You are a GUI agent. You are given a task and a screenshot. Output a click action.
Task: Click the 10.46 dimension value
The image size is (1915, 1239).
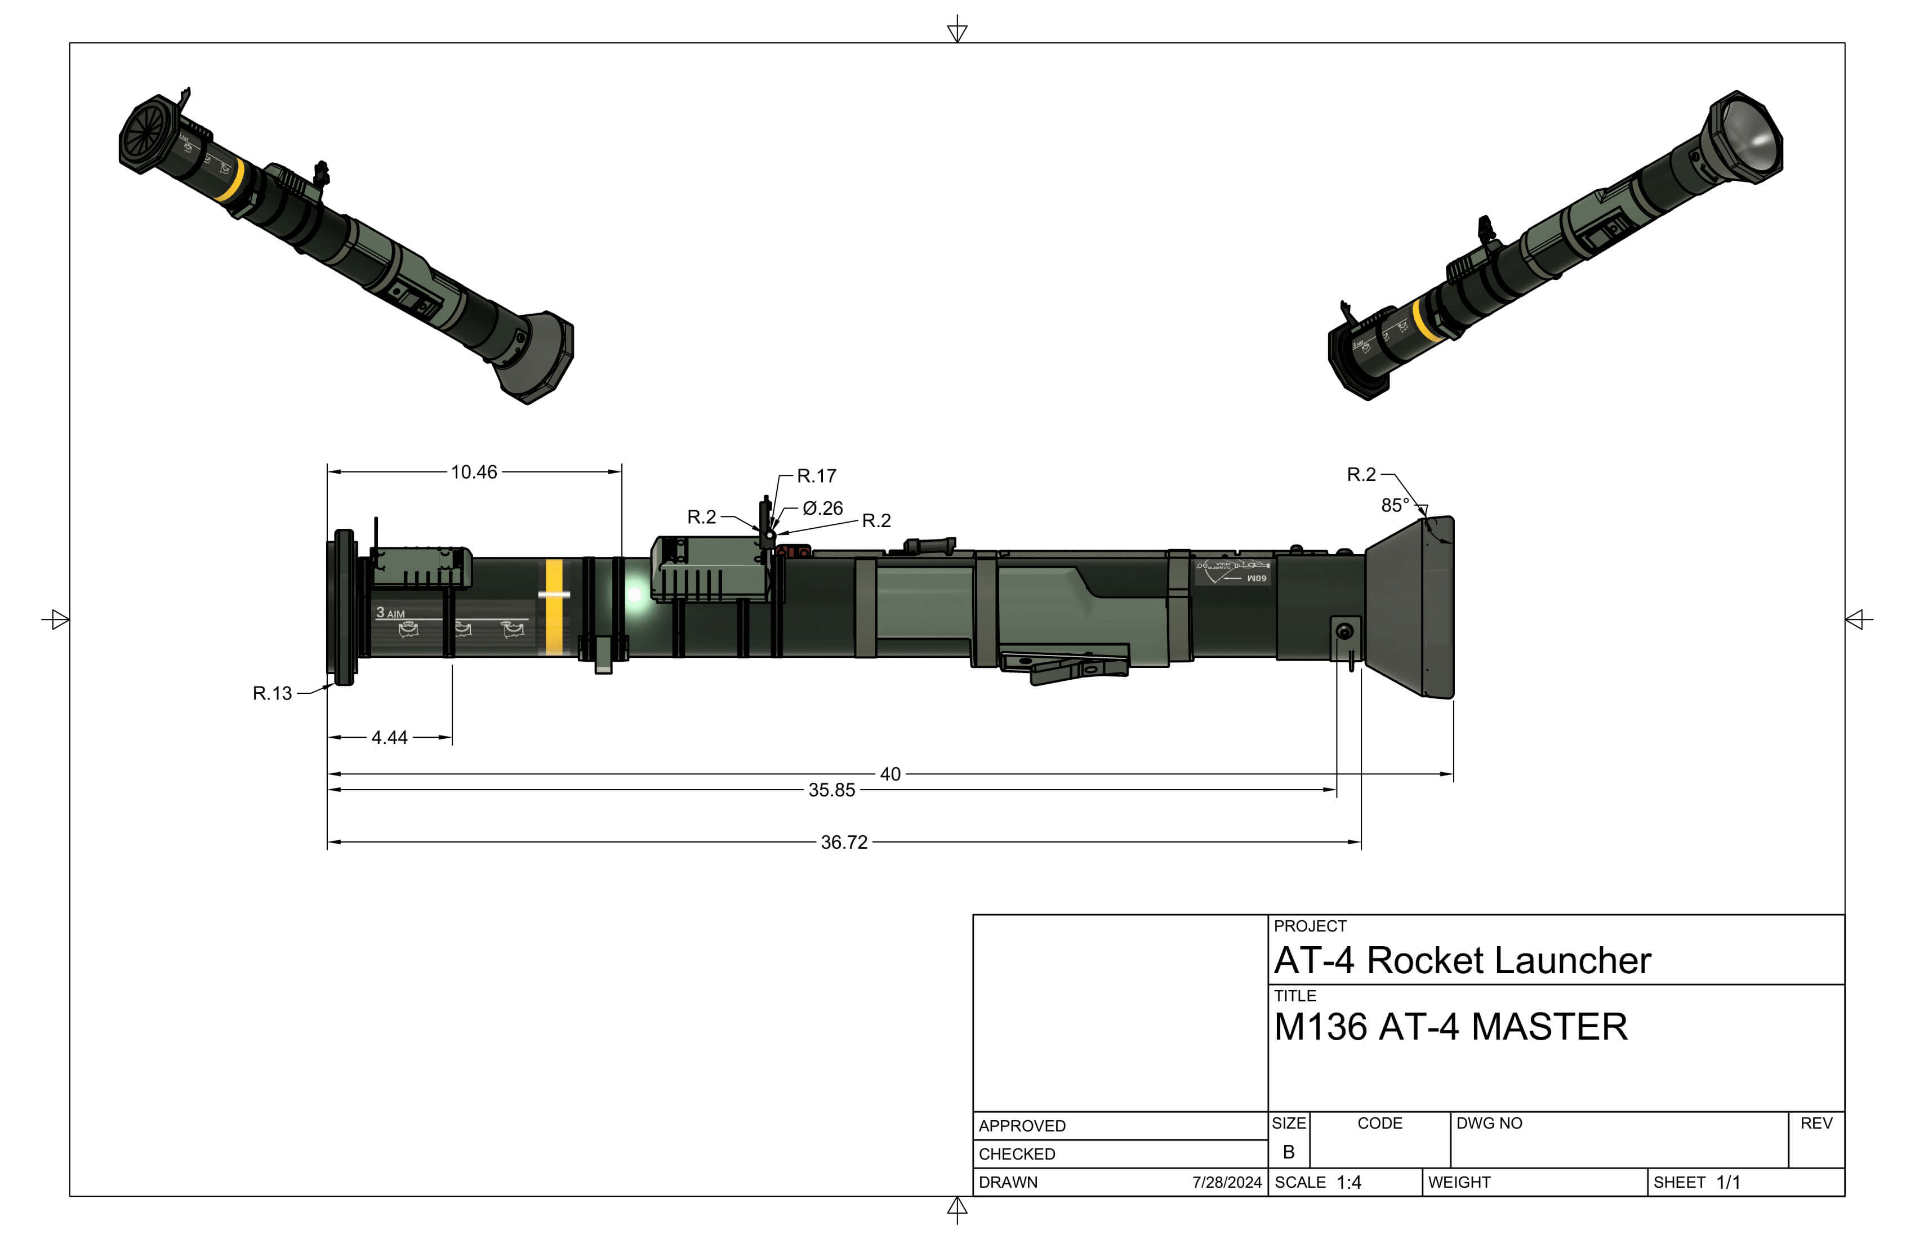[x=473, y=473]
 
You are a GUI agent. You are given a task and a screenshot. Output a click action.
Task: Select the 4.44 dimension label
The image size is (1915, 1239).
[x=389, y=738]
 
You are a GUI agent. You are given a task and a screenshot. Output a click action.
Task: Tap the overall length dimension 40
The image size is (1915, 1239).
[x=890, y=774]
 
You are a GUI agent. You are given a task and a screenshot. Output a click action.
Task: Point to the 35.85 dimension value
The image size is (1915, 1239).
[x=831, y=790]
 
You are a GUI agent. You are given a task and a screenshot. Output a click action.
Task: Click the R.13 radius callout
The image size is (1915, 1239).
[x=272, y=693]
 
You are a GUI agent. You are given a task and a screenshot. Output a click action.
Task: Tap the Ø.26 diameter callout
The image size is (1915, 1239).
[x=822, y=509]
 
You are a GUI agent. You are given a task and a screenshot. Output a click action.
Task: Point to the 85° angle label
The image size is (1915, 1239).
[x=1395, y=505]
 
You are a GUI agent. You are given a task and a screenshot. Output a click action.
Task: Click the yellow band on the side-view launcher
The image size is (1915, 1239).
[x=554, y=608]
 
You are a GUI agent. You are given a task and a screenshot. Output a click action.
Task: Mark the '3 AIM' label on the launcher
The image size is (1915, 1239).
[x=390, y=613]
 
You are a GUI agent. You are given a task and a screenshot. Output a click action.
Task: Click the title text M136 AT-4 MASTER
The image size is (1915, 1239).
[x=1450, y=1027]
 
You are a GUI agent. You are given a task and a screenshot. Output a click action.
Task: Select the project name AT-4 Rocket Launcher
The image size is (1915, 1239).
[x=1462, y=961]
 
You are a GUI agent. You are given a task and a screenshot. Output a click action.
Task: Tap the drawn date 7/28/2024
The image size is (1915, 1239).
[x=1226, y=1183]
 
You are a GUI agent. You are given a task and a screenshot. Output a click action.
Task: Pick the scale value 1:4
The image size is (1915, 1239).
[x=1348, y=1183]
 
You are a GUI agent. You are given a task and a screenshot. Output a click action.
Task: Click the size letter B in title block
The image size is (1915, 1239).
[x=1288, y=1152]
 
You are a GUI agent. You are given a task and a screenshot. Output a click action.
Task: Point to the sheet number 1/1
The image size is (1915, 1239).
[x=1727, y=1183]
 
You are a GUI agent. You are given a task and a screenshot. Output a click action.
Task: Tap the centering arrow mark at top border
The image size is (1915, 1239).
[x=957, y=30]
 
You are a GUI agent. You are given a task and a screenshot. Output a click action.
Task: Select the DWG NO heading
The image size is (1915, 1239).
[x=1489, y=1123]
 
